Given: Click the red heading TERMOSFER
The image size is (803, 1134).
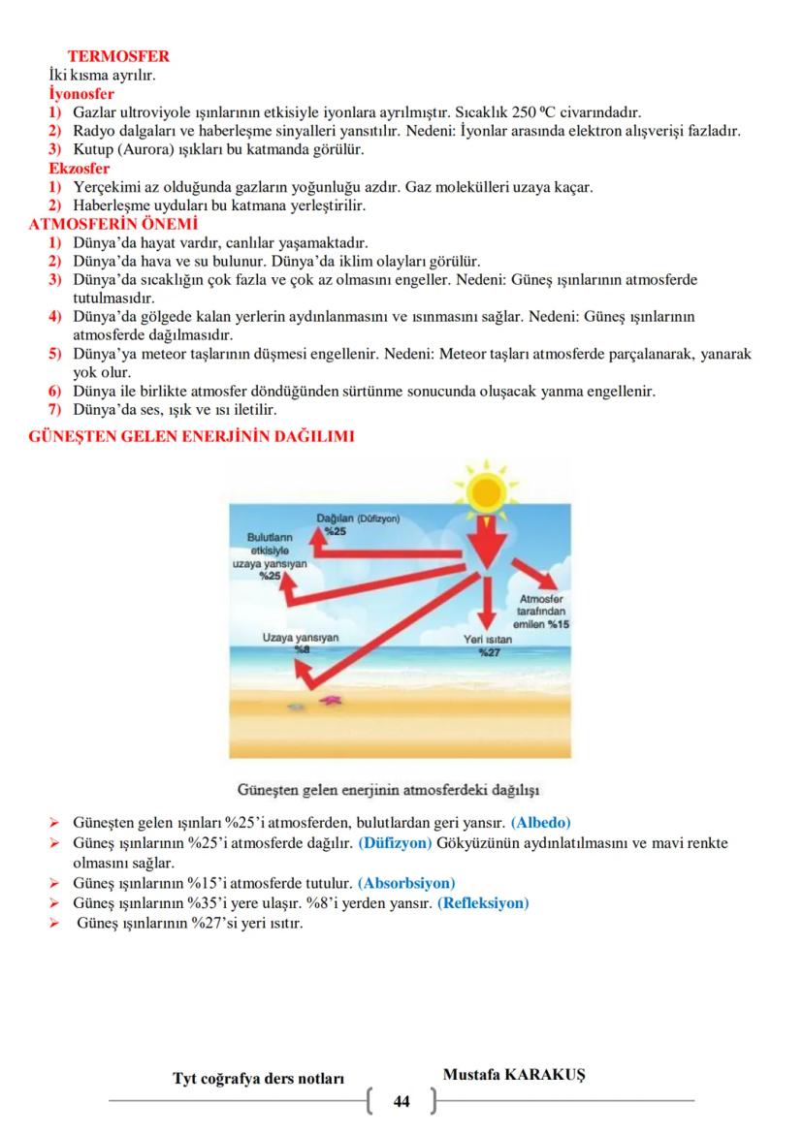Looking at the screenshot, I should (x=118, y=57).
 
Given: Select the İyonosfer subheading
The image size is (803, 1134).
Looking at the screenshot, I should (x=81, y=94).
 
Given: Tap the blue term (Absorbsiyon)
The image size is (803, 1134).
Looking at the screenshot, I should (x=406, y=882).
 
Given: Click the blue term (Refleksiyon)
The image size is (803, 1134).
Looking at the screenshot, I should (x=483, y=902).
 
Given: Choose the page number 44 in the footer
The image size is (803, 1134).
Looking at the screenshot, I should (x=401, y=1102).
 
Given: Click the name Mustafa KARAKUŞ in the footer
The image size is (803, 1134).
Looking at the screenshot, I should (x=520, y=1076).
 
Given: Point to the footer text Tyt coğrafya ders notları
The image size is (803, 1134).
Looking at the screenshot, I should (x=258, y=1079).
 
